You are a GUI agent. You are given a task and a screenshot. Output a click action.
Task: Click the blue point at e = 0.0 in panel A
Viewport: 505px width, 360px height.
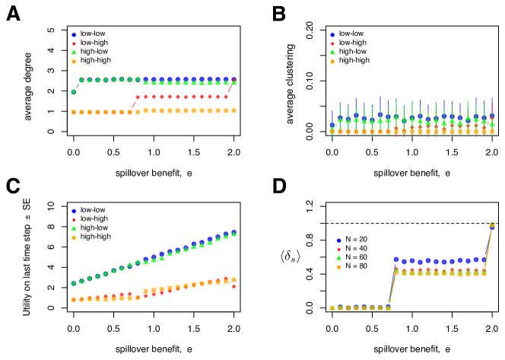73,92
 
